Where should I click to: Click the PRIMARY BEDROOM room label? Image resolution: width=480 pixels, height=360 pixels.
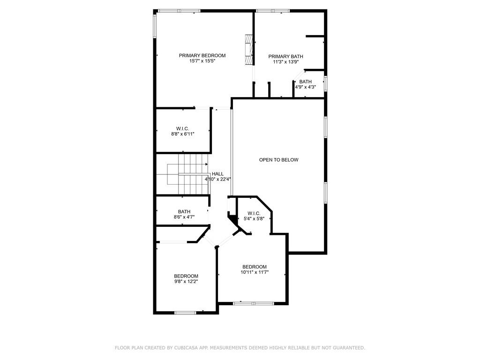tap(202, 55)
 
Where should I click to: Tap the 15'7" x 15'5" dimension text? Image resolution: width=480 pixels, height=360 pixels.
tap(202, 61)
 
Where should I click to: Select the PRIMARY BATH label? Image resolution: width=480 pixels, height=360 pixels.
tap(285, 56)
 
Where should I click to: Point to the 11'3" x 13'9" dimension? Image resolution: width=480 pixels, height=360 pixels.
tap(285, 62)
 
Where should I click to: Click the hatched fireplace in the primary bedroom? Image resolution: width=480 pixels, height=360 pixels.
tap(249, 50)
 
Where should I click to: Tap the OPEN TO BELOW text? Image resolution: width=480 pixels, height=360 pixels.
tap(278, 160)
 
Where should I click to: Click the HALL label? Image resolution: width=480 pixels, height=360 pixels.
tap(217, 174)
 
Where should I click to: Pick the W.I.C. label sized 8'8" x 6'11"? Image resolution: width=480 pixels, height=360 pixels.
tap(182, 128)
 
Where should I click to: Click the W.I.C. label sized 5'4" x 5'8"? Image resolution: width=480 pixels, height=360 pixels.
tap(254, 213)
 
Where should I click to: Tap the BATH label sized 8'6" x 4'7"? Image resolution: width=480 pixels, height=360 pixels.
tap(184, 211)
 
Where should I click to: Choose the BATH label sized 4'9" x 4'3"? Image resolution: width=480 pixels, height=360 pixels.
tap(305, 82)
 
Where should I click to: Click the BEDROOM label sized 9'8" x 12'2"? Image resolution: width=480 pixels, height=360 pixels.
tap(186, 276)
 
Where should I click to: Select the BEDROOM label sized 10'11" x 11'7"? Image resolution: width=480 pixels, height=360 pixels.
tap(255, 267)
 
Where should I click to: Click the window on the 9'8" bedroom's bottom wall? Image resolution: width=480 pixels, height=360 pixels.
tap(185, 313)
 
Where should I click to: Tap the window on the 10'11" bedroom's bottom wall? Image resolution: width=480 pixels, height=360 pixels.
tap(254, 303)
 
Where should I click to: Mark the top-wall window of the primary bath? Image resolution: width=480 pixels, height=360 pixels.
tap(272, 11)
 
